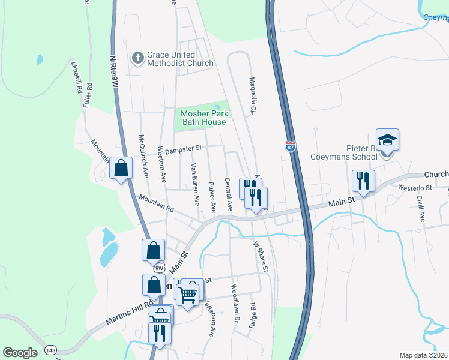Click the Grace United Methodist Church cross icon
click(137, 58)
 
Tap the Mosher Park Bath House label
click(203, 118)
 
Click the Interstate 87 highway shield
click(291, 146)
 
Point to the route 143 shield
click(50, 350)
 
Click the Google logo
click(20, 352)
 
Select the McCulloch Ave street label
click(144, 157)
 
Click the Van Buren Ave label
click(194, 182)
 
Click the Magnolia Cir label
click(253, 95)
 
